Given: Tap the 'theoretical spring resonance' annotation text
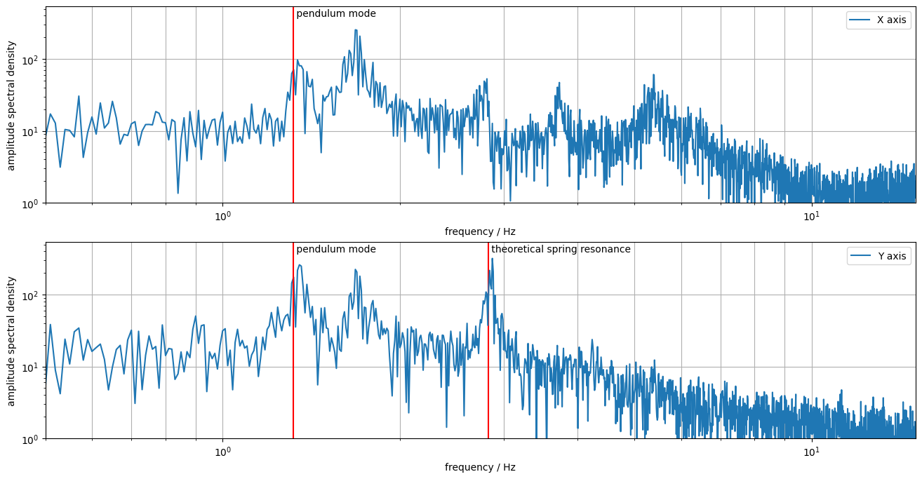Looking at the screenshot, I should (561, 249).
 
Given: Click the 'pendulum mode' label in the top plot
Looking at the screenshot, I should (336, 13).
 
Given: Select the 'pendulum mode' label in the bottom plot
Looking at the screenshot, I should (336, 249).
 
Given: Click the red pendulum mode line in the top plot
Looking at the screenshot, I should (293, 140).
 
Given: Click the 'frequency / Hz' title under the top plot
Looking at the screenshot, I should (480, 231).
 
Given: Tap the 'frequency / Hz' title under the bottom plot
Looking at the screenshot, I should (480, 467).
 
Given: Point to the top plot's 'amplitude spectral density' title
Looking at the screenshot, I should (11, 105).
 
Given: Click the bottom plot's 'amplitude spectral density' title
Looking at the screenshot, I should (11, 341).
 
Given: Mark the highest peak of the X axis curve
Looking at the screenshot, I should (356, 30).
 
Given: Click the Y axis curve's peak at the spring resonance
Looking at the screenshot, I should (492, 259).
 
